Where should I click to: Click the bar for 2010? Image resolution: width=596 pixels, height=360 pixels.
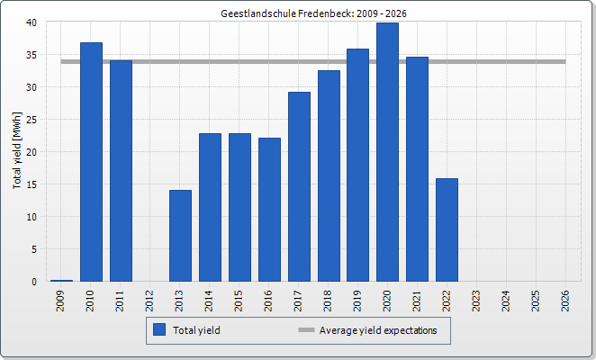(91, 162)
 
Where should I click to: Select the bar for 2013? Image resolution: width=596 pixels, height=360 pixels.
(180, 236)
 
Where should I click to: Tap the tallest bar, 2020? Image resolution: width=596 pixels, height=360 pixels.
(387, 152)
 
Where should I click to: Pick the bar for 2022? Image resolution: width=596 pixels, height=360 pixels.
(447, 229)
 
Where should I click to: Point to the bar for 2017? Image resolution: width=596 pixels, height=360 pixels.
(299, 186)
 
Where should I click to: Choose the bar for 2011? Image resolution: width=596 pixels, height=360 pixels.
(121, 171)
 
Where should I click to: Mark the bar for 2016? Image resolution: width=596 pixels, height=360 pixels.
(269, 210)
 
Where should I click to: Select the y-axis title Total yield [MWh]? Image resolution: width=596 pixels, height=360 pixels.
(17, 151)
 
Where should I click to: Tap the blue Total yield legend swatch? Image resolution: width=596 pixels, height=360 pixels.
(160, 330)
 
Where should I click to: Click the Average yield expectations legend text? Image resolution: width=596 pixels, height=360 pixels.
(377, 330)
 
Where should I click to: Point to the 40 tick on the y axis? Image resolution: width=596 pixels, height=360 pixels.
(32, 22)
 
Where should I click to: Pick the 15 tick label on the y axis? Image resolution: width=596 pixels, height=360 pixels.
(32, 184)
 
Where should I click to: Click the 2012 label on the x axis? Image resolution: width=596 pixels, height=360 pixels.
(150, 300)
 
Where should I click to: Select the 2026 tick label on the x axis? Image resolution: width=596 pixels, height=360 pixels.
(564, 300)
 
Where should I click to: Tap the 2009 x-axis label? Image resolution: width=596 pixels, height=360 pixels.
(61, 300)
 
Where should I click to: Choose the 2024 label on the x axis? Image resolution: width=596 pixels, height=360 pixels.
(505, 300)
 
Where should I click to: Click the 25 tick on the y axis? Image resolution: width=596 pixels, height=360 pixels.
(32, 120)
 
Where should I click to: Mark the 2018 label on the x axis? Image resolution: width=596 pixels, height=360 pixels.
(328, 300)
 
